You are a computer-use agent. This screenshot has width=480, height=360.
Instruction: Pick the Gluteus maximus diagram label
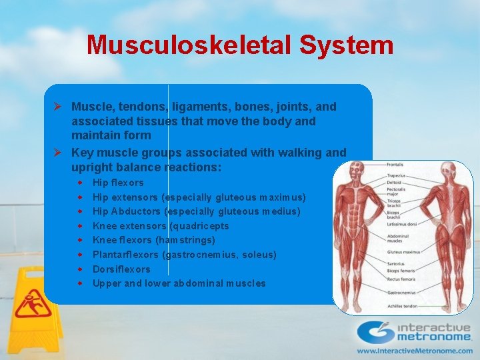pos(403,252)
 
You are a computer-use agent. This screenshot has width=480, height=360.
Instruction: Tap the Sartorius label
pos(397,263)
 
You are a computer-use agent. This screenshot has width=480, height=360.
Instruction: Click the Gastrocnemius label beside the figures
pos(401,292)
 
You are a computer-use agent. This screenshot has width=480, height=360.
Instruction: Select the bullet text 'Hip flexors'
pos(118,182)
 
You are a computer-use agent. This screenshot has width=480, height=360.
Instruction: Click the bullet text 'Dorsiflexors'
pos(121,269)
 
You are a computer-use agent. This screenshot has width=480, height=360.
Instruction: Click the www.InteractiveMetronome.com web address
pos(415,349)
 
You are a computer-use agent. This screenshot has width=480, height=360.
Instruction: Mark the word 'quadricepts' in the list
pos(200,225)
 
